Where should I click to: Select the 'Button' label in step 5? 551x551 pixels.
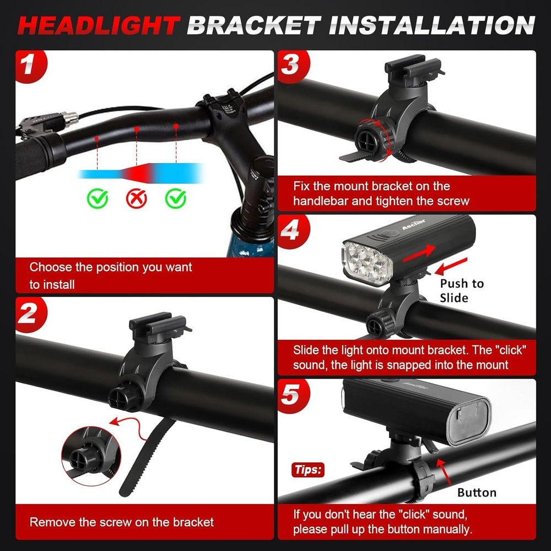(x=477, y=492)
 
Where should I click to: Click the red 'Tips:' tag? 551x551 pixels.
(x=307, y=470)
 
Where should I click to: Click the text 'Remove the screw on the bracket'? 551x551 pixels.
(x=121, y=522)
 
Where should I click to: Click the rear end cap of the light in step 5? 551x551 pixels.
(x=467, y=421)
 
